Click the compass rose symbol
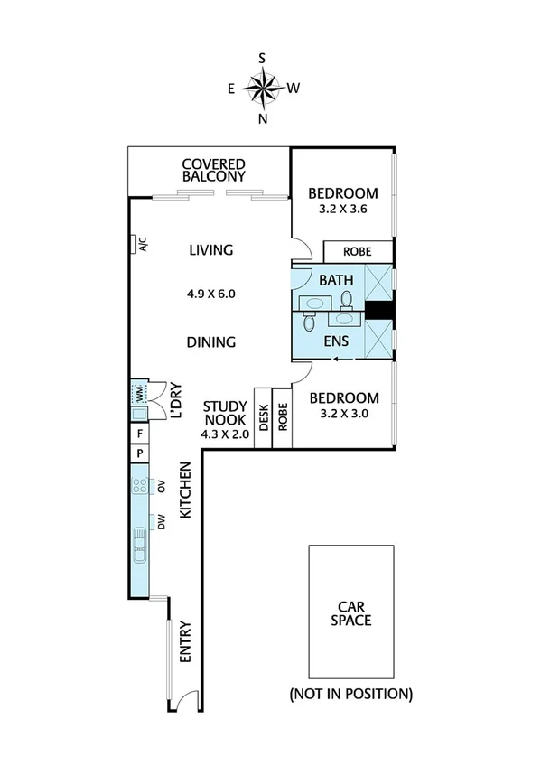coord(262,88)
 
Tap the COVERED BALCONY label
coord(214,171)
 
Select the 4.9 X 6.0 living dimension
coord(210,293)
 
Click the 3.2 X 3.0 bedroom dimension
coord(341,415)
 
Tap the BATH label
coord(335,280)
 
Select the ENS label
coord(335,341)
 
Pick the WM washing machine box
coord(140,394)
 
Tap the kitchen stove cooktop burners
coord(140,487)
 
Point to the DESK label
coord(263,418)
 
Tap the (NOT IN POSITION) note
coord(350,694)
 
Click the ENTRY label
coord(185,642)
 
